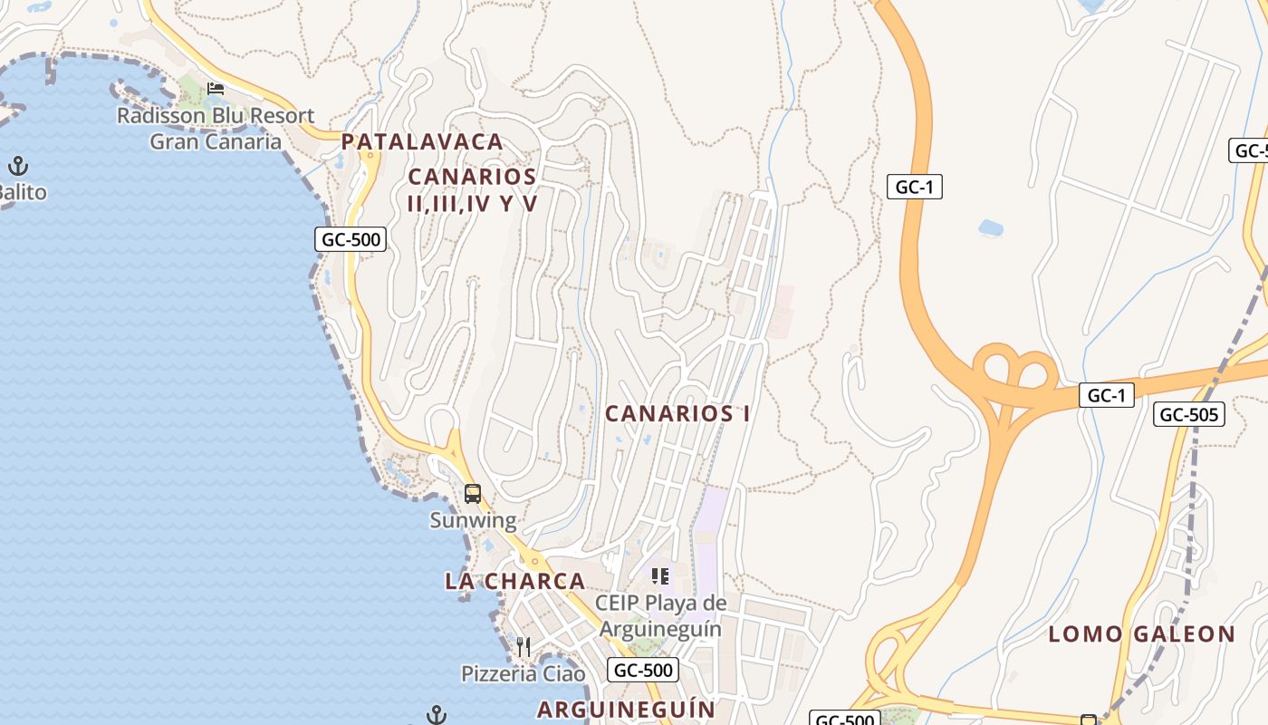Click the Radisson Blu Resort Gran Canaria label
pos(216,129)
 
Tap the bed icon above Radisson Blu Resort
pos(216,88)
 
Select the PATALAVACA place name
pos(422,141)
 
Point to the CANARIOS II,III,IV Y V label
pos(472,189)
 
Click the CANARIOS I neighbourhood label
pos(677,414)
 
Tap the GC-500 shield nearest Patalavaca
pos(351,239)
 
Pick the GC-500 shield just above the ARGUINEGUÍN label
pos(642,670)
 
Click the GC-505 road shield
pos(1189,414)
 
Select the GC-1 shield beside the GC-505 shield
pos(1107,395)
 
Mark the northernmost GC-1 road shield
pos(915,188)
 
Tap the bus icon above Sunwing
pos(473,494)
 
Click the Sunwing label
pos(473,521)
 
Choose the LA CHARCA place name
pos(514,581)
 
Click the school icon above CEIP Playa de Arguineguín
pos(660,575)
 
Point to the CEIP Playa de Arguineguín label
pos(660,615)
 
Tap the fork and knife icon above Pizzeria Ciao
pos(524,646)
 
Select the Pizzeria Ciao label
pos(524,674)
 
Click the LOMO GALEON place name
pos(1142,634)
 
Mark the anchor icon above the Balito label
pos(18,166)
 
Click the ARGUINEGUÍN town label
pos(626,709)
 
